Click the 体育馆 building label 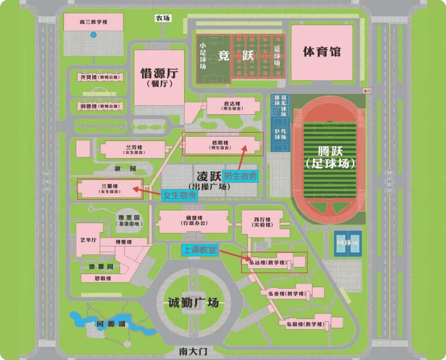(x=322, y=52)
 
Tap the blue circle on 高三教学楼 (x=94, y=35)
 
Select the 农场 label (x=163, y=18)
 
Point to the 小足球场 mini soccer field (x=203, y=57)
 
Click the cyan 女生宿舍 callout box (x=179, y=195)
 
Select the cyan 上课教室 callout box (x=199, y=250)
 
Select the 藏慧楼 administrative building (x=193, y=221)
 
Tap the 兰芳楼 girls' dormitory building (x=133, y=149)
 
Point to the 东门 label (x=367, y=91)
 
